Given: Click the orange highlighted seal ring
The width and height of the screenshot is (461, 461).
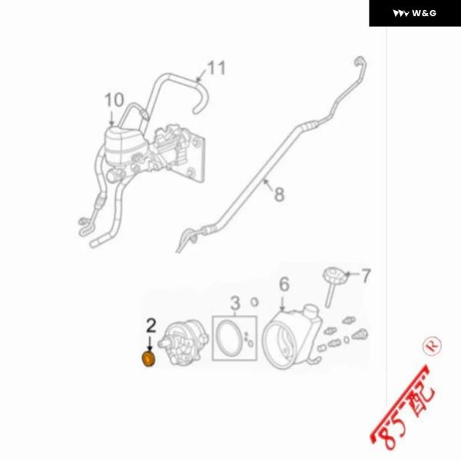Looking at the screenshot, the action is pos(149,359).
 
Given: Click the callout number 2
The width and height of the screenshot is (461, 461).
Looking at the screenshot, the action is pos(151,326).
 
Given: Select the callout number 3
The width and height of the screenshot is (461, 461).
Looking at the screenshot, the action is pos(235,303).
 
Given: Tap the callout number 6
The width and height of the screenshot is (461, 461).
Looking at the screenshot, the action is pos(284,284).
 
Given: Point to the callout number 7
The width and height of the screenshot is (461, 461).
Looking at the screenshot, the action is pos(366,276).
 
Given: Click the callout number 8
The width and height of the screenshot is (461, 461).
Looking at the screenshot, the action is pos(279,194).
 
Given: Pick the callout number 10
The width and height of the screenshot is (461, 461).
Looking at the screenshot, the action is pos(114,100).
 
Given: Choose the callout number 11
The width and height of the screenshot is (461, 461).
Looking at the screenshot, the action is pos(217,68).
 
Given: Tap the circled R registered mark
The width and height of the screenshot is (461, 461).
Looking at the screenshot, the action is pos(432,346).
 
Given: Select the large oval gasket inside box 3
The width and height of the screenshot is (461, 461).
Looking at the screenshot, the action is pos(230,338).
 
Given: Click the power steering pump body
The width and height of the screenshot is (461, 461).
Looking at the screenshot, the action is pos(183,343).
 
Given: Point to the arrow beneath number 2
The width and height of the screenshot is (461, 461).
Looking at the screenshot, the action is pos(150,343).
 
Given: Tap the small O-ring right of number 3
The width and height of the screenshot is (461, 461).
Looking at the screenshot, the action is pos(254,302).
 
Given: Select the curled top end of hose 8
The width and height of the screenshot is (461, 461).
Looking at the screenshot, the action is pos(360,62).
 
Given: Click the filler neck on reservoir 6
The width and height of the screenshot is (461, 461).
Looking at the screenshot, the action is pos(311,310).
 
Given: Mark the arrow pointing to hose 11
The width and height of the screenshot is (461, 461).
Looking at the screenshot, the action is pos(201,75).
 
